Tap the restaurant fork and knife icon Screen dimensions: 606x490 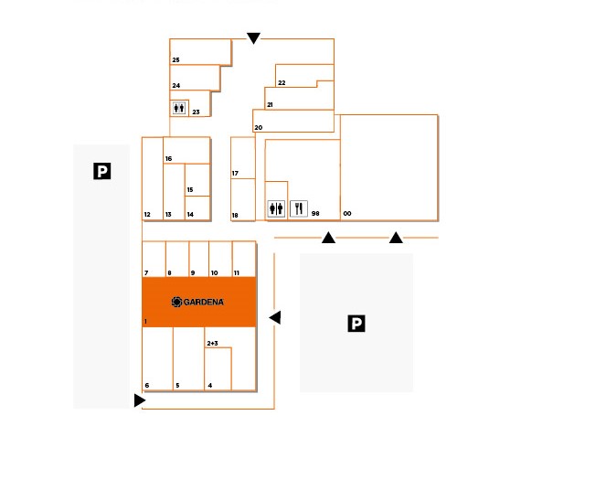(x=299, y=208)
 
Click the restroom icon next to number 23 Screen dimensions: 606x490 (x=179, y=108)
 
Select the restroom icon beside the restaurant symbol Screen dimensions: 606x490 (x=276, y=208)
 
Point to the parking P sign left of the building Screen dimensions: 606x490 (x=102, y=171)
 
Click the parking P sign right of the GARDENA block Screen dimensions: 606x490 (x=356, y=324)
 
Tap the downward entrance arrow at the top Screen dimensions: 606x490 (x=253, y=38)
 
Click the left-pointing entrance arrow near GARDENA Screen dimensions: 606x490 (x=275, y=317)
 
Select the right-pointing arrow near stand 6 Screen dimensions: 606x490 (x=140, y=400)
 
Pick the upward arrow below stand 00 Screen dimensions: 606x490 (x=396, y=238)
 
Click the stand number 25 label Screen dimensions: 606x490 (x=175, y=60)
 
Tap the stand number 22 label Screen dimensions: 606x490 (x=282, y=82)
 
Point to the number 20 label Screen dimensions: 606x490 (x=259, y=127)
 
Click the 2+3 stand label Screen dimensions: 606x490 (x=213, y=343)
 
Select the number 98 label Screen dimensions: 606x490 (x=315, y=213)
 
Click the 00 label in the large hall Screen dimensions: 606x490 (x=347, y=213)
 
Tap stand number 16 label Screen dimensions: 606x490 (x=168, y=158)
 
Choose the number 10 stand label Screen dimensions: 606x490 (x=214, y=272)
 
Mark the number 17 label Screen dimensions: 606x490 (x=235, y=173)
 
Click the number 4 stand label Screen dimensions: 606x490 (x=210, y=385)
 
